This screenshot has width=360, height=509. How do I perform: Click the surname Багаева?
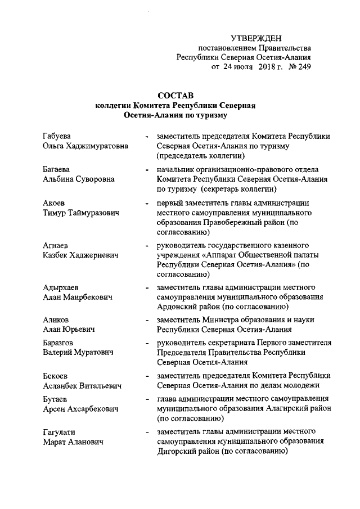point(56,169)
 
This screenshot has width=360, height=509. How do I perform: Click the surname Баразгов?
point(58,343)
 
